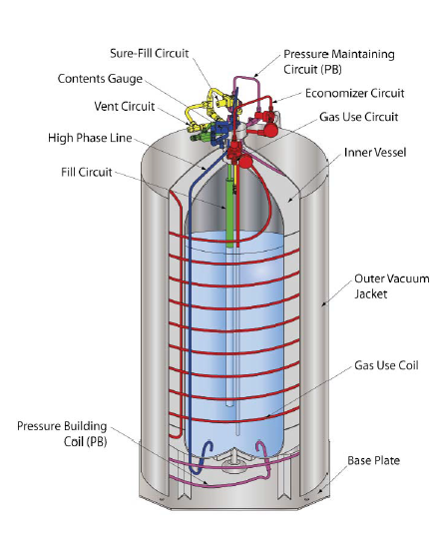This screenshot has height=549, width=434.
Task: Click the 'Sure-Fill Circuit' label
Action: pos(151,53)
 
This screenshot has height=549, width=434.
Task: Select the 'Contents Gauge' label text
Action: pos(100,79)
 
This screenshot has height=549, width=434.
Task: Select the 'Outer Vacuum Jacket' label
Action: pos(382,285)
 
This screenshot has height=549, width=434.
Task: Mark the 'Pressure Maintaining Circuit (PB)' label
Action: pos(338,61)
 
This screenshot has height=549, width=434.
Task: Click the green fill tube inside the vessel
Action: pos(228,210)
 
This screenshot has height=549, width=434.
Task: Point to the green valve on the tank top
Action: pos(204,129)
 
